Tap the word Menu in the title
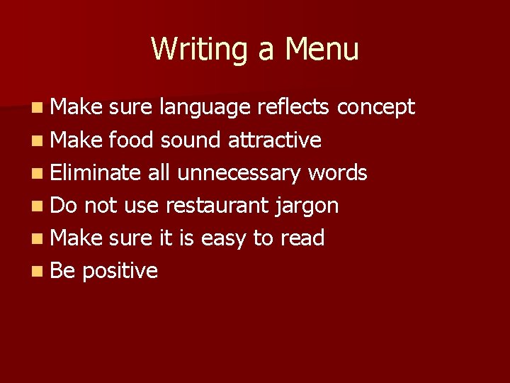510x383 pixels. (322, 50)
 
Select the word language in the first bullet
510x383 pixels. (205, 108)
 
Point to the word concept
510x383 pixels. (376, 108)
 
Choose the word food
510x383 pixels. (131, 140)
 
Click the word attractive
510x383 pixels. (275, 140)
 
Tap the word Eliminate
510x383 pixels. (96, 172)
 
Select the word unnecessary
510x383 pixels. (243, 172)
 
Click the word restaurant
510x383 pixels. (217, 206)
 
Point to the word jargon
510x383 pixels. (307, 206)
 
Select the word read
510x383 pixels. (302, 238)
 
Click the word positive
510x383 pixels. (120, 271)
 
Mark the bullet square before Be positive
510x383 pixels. (36, 271)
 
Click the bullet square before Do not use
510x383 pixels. (36, 206)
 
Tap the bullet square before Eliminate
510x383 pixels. (36, 173)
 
